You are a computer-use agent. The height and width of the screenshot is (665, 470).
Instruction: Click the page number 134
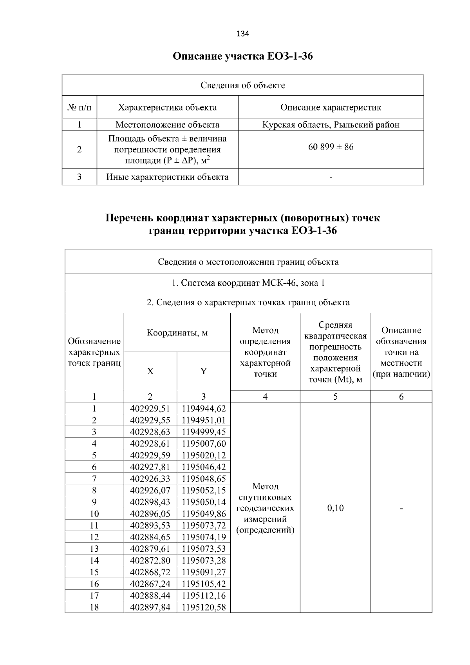pos(242,34)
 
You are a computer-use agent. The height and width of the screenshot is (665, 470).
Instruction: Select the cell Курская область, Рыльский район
pos(331,125)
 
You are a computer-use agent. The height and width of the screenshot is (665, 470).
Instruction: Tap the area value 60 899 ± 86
pos(331,147)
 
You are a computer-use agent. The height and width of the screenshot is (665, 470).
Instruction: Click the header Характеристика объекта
pos(167,107)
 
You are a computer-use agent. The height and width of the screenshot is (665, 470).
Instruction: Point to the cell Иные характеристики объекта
pos(167,177)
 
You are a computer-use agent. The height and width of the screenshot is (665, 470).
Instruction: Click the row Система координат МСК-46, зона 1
pos(248,283)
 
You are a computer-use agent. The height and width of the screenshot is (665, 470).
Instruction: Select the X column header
pos(150,371)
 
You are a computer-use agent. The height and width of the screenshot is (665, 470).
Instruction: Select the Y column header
pos(203,371)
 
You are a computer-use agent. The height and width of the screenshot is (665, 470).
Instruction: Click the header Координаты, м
pos(177,333)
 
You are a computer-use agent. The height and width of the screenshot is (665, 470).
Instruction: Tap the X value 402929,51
pos(150,409)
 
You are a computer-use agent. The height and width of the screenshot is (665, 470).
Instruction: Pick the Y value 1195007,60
pos(204,444)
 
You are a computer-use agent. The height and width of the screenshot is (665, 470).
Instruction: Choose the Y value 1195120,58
pos(204,607)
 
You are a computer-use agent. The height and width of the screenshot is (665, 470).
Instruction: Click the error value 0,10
pos(335,508)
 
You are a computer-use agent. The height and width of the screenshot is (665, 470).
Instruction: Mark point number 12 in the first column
pos(94,537)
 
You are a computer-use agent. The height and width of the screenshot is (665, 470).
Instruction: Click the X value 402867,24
pos(150,584)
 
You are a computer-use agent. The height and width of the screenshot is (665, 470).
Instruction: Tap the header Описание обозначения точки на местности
pos(401,352)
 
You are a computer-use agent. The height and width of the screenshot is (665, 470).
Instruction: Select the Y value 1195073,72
pos(204,525)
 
